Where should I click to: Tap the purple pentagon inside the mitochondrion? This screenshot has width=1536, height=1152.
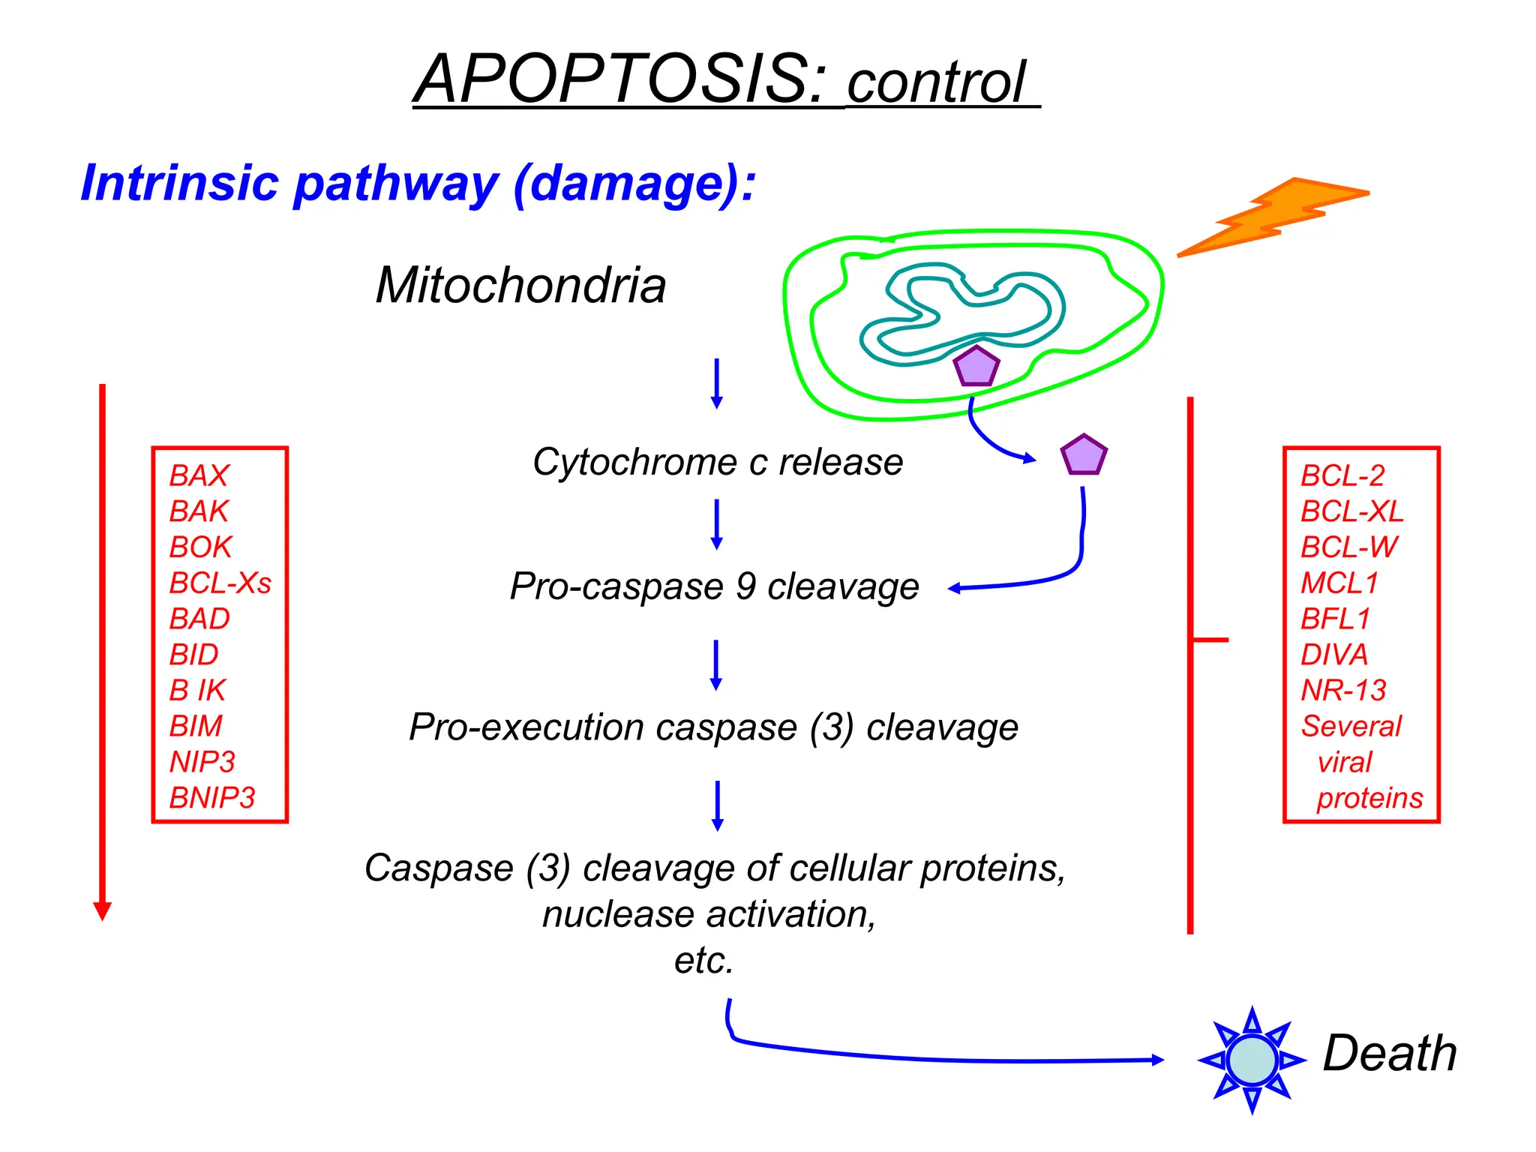pyautogui.click(x=976, y=367)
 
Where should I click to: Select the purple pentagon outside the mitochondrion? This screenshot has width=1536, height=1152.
pyautogui.click(x=1083, y=455)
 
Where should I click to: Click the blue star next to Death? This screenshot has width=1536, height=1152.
pyautogui.click(x=1252, y=1060)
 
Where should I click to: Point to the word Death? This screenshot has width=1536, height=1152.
pyautogui.click(x=1389, y=1054)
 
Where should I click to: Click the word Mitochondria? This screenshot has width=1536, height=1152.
pyautogui.click(x=520, y=286)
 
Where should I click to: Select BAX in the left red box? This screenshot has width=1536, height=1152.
pyautogui.click(x=199, y=475)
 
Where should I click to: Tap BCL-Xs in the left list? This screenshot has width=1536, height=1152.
pyautogui.click(x=220, y=583)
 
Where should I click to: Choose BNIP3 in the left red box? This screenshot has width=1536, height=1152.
pyautogui.click(x=212, y=797)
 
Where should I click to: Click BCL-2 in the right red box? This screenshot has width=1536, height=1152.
pyautogui.click(x=1342, y=475)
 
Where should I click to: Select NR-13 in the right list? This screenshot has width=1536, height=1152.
pyautogui.click(x=1343, y=690)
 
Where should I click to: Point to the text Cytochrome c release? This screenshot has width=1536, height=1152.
pyautogui.click(x=717, y=462)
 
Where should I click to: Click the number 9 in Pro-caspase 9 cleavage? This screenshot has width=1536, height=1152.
pyautogui.click(x=745, y=586)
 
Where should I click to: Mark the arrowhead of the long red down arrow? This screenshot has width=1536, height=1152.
pyautogui.click(x=103, y=910)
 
